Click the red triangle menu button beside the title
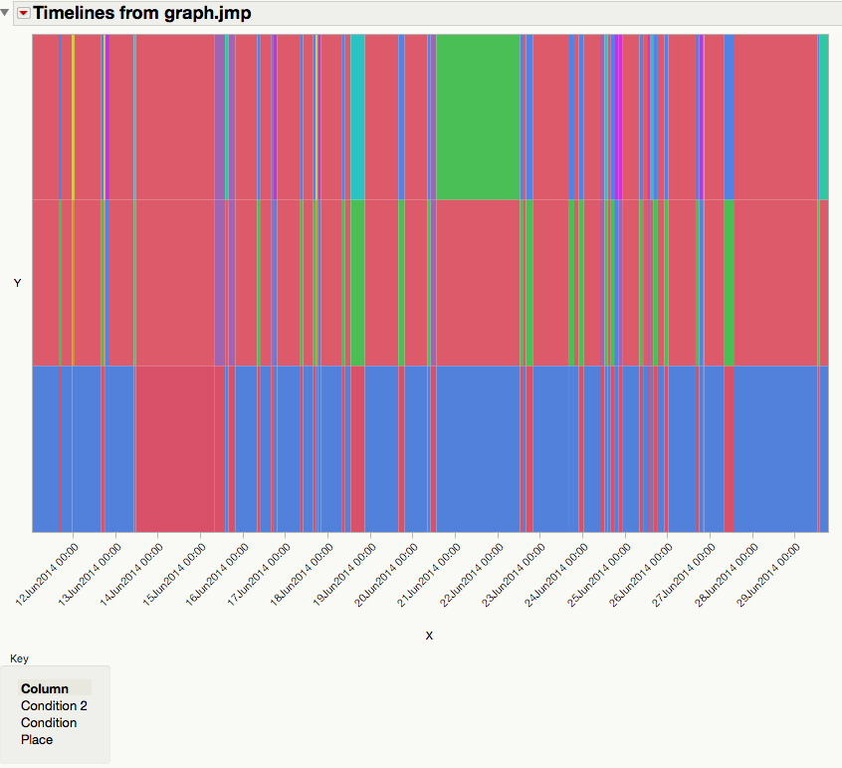click(x=24, y=14)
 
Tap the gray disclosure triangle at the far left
click(x=6, y=13)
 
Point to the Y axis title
click(x=17, y=284)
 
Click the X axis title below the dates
click(x=429, y=636)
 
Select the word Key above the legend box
click(x=19, y=658)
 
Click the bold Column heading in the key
click(x=45, y=688)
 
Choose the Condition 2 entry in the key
click(x=54, y=706)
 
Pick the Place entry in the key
click(x=37, y=740)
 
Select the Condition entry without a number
click(x=49, y=723)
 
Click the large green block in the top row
click(x=478, y=117)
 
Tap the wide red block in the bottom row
click(x=174, y=448)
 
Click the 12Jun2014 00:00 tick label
click(x=47, y=575)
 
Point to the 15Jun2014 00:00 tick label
click(x=174, y=575)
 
